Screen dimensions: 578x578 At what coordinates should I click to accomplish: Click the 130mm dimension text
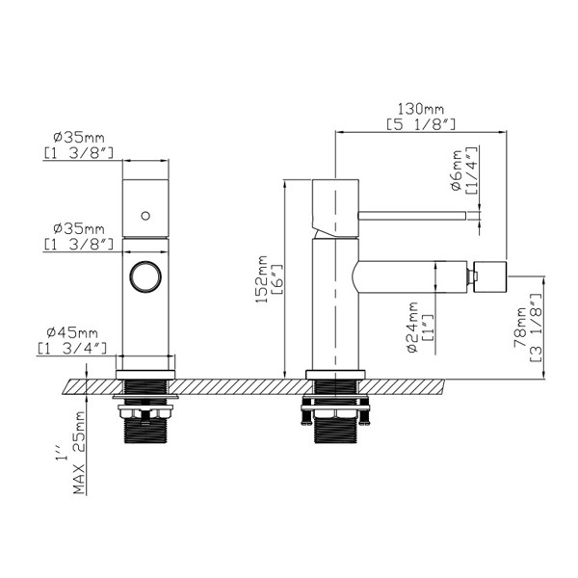(x=421, y=110)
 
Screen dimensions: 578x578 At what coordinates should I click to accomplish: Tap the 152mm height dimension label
(x=261, y=279)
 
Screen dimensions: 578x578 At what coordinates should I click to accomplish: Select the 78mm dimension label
(x=520, y=328)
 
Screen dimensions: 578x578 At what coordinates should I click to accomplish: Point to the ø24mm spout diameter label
(x=413, y=327)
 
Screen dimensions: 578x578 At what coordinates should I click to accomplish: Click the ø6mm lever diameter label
(x=457, y=170)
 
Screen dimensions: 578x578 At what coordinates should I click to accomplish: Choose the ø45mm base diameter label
(x=72, y=333)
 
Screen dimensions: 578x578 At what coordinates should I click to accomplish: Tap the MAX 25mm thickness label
(x=79, y=453)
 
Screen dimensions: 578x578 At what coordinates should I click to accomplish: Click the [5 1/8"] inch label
(x=421, y=124)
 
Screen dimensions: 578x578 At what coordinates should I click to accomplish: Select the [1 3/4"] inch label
(x=72, y=348)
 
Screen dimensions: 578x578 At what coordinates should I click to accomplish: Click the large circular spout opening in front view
(x=145, y=263)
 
